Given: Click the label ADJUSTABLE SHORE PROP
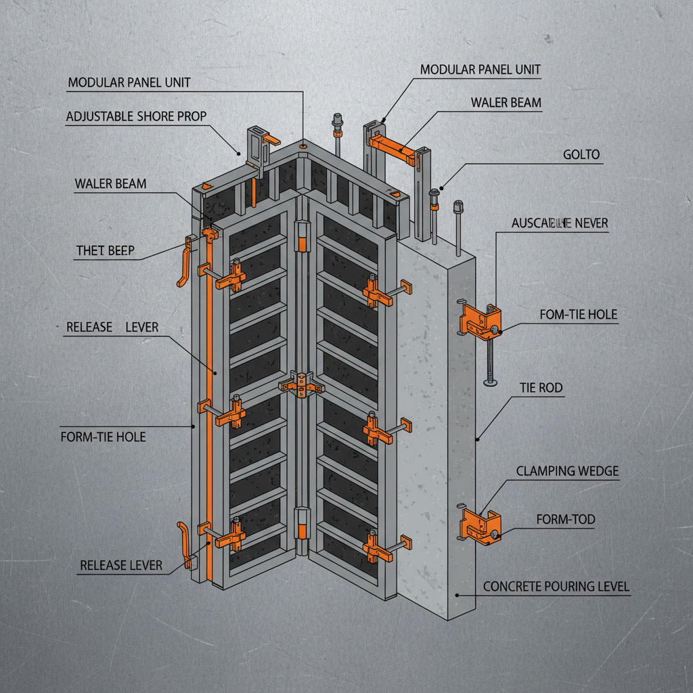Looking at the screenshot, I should coord(136,116).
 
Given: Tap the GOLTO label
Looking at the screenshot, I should coord(581,155).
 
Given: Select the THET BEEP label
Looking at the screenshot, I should coord(105,251).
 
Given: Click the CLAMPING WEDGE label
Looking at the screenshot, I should coord(567,471).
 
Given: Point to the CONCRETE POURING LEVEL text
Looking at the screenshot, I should coord(556,587).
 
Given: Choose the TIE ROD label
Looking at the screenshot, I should coord(541,388).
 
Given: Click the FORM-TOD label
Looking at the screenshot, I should coord(565,519).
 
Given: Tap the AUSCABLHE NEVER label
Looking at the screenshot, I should coord(560,222).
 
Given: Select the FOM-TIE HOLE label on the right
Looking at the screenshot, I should coord(578,315).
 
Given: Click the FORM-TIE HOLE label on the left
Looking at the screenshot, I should coord(103,437).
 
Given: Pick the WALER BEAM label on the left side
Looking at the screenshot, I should coord(110,183).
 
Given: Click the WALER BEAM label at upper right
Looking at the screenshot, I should coord(506,103).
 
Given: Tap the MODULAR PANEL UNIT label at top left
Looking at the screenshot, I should coord(129,83).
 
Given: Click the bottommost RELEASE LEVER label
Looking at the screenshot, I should coord(121,565).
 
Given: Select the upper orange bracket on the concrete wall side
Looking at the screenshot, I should coord(480,320).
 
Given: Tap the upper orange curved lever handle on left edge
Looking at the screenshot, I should coord(183,260).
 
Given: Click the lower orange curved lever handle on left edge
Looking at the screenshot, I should coord(185,545).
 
